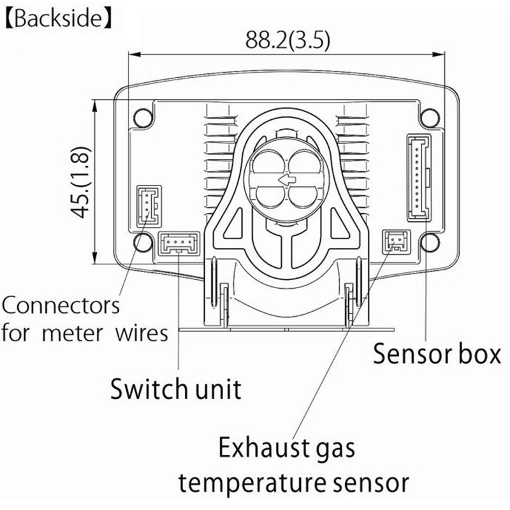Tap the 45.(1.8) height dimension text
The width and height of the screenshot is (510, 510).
(82, 182)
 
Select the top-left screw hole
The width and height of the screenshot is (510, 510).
(142, 117)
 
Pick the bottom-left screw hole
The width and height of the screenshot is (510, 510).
(142, 240)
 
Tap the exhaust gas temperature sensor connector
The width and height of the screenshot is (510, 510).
(395, 241)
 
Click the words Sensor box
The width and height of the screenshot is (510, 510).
(437, 353)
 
